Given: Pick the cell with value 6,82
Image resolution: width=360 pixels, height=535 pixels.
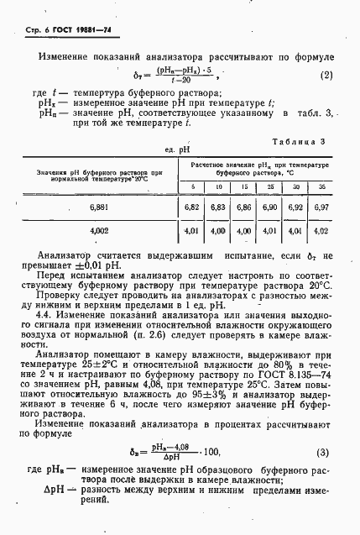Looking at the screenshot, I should coord(193,206).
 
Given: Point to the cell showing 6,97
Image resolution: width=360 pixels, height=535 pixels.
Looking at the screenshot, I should coord(322,206).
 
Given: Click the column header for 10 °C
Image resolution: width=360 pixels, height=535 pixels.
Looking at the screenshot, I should coord(219,186).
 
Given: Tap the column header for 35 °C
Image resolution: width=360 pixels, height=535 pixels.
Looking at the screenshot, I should coord(322,186).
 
